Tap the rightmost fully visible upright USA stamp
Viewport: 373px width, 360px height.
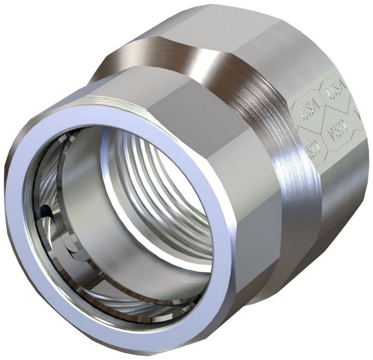pyautogui.click(x=334, y=94)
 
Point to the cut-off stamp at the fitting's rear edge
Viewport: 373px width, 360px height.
pyautogui.click(x=358, y=114)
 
